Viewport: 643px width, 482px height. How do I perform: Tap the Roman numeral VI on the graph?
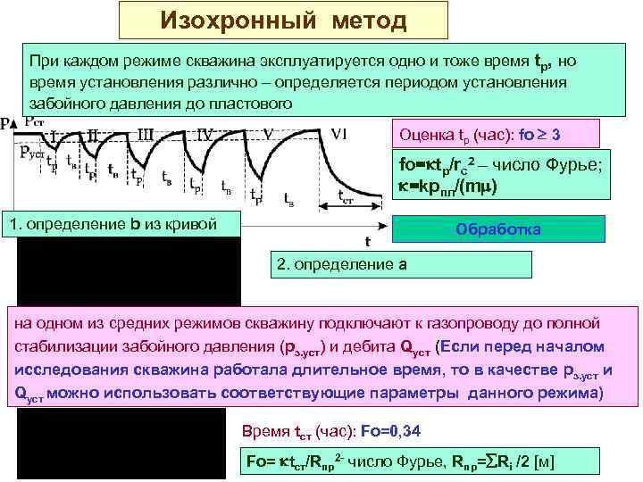(x=338, y=135)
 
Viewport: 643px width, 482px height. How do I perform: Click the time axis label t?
(x=367, y=242)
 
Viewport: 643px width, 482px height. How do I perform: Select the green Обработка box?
(x=498, y=229)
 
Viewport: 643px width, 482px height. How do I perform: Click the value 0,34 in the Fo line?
(x=402, y=431)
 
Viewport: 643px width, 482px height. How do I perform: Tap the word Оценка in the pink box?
(x=425, y=135)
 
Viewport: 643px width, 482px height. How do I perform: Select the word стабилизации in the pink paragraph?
(x=71, y=346)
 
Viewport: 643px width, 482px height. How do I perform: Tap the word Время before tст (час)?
(x=266, y=431)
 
